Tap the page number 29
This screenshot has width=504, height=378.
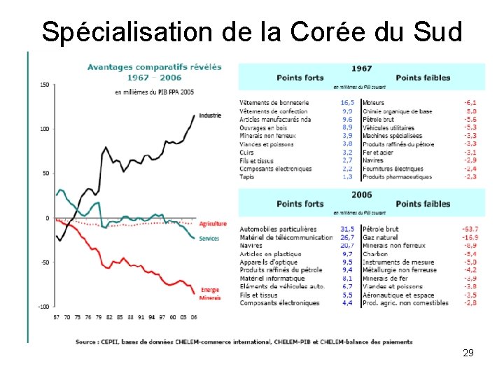pyautogui.click(x=468, y=353)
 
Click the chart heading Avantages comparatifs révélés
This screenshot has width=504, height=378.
pyautogui.click(x=154, y=67)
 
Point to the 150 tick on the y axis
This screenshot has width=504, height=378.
pyautogui.click(x=45, y=85)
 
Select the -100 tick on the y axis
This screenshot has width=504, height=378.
pyautogui.click(x=43, y=307)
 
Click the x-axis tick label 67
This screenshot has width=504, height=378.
pyautogui.click(x=57, y=317)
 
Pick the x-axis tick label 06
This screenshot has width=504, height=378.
pyautogui.click(x=193, y=317)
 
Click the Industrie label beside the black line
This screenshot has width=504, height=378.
pyautogui.click(x=210, y=115)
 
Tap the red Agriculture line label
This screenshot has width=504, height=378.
pyautogui.click(x=213, y=224)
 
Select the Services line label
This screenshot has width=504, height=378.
pyautogui.click(x=209, y=239)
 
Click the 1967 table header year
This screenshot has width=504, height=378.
pyautogui.click(x=362, y=69)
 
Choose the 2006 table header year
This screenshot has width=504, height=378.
pyautogui.click(x=362, y=195)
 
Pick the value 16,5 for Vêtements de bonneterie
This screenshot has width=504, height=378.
pyautogui.click(x=346, y=103)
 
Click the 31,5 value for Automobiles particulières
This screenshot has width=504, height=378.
pyautogui.click(x=346, y=229)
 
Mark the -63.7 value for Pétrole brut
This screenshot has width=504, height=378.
pyautogui.click(x=470, y=229)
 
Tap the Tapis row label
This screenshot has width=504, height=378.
pyautogui.click(x=246, y=177)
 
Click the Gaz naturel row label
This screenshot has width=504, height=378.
pyautogui.click(x=381, y=237)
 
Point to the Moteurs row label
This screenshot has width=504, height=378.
pyautogui.click(x=374, y=103)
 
